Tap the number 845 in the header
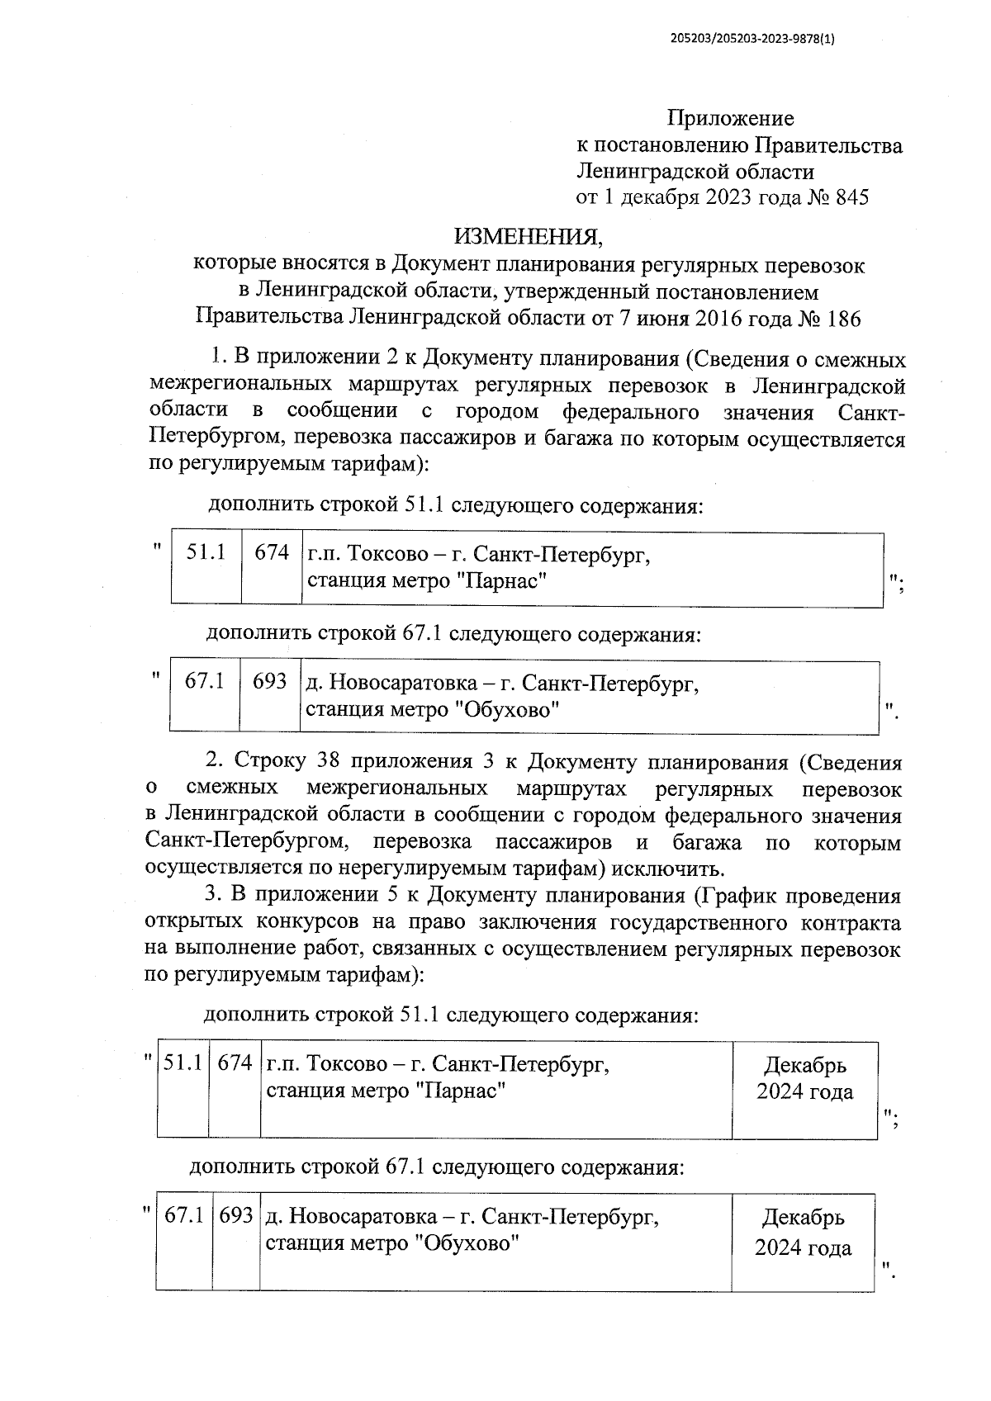pyautogui.click(x=852, y=198)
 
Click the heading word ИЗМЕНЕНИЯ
pyautogui.click(x=529, y=238)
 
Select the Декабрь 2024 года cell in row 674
pyautogui.click(x=804, y=1079)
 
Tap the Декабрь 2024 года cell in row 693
pyautogui.click(x=803, y=1233)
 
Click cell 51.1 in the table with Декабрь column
pyautogui.click(x=183, y=1063)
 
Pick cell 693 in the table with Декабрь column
pyautogui.click(x=236, y=1217)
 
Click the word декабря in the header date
pyautogui.click(x=661, y=198)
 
